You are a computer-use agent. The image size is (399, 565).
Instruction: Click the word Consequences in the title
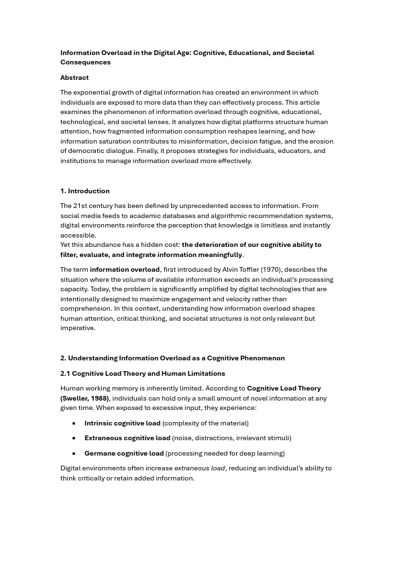pyautogui.click(x=85, y=62)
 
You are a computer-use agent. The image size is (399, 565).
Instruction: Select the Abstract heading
pyautogui.click(x=74, y=78)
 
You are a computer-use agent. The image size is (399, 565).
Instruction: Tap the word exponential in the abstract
pyautogui.click(x=91, y=93)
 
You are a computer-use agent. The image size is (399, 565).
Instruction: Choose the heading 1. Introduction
pyautogui.click(x=84, y=191)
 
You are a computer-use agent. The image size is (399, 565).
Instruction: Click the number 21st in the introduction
pyautogui.click(x=79, y=206)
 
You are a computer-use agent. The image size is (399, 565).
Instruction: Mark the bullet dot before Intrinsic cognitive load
pyautogui.click(x=74, y=423)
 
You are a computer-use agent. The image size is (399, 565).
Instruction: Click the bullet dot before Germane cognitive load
pyautogui.click(x=74, y=454)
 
